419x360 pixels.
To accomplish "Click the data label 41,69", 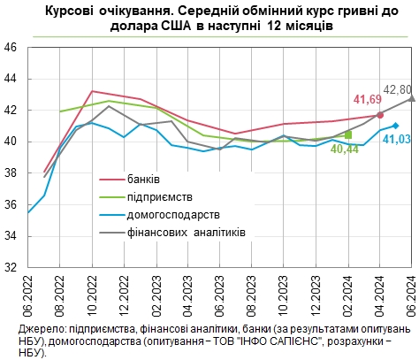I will (368, 100).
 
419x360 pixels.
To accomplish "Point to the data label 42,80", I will (397, 89).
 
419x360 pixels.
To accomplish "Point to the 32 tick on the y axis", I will (12, 266).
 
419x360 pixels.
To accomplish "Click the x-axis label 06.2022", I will (29, 295).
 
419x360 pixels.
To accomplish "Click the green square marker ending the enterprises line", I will (348, 134).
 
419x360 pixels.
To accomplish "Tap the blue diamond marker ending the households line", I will (395, 126).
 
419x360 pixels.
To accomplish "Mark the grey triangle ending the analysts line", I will (412, 98).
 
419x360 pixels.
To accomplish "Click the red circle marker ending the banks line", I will (380, 115).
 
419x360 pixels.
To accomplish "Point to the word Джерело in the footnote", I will (39, 329).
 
